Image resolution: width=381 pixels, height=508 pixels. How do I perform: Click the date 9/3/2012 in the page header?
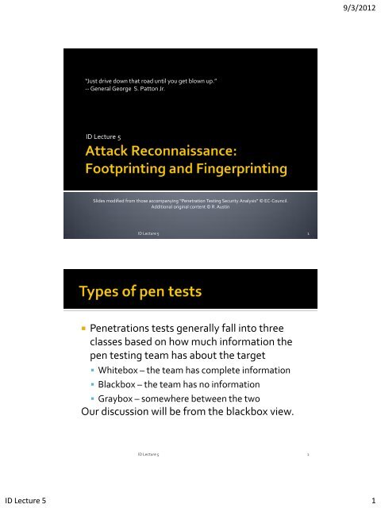[355, 9]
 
